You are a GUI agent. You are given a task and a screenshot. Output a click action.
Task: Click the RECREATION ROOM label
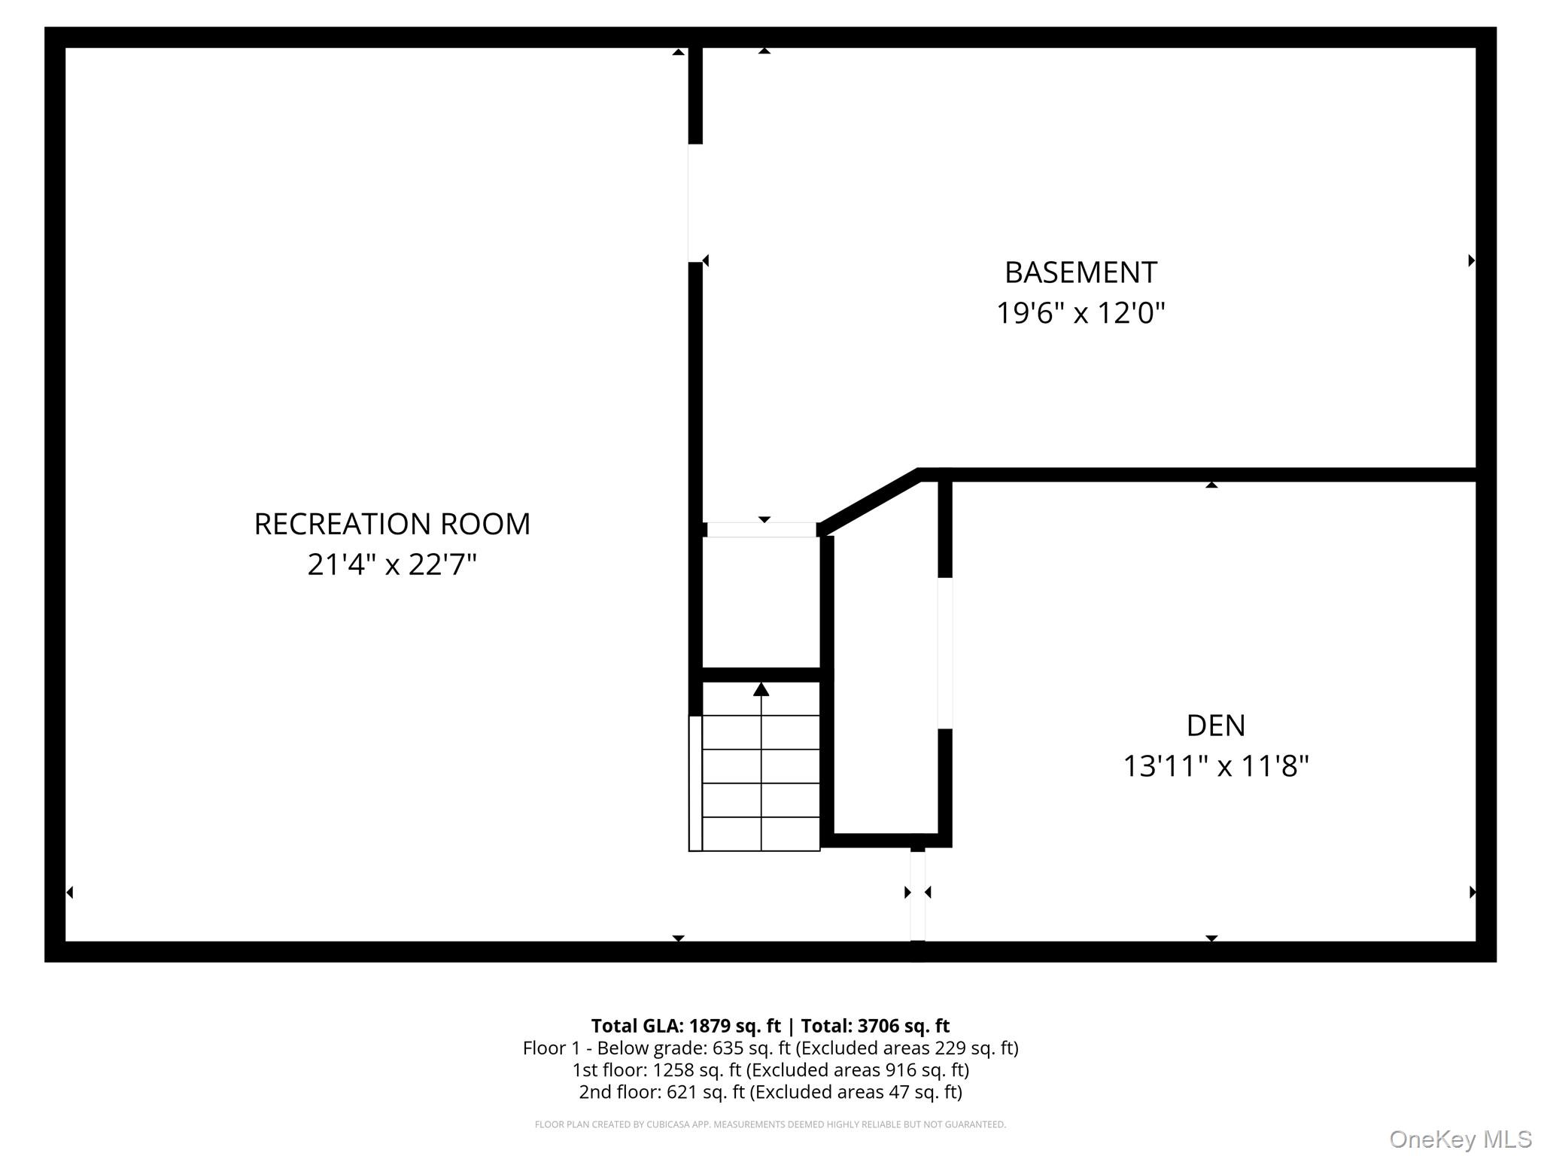coord(392,524)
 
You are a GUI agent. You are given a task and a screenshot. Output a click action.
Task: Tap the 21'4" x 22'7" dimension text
coord(392,564)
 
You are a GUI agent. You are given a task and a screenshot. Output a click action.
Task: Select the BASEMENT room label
coord(1081,272)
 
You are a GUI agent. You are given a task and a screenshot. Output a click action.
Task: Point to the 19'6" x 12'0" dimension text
coord(1081,312)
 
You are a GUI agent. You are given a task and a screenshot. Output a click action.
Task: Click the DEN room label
coord(1215,726)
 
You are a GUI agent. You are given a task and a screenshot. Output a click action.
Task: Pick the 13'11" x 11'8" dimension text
coord(1215,766)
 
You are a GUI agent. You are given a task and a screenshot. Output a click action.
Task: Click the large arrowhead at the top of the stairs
coord(761,689)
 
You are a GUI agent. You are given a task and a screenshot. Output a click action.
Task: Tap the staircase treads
coord(761,783)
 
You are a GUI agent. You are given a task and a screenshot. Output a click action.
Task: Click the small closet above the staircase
coord(761,602)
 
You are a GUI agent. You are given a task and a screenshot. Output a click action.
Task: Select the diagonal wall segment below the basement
coord(869,500)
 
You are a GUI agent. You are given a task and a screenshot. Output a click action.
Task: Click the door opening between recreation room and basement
coord(695,203)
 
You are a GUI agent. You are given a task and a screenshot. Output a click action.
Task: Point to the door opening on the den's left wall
coord(945,653)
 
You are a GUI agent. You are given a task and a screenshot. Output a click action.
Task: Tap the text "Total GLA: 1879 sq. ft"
coord(685,1026)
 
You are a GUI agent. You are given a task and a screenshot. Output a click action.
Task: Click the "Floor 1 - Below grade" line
coord(770,1048)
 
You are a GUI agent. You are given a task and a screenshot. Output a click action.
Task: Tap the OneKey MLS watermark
coord(1460,1139)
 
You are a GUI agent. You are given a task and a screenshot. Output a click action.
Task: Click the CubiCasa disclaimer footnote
coord(770,1124)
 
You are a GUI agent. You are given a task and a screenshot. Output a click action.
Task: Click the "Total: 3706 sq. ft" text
coord(875,1026)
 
